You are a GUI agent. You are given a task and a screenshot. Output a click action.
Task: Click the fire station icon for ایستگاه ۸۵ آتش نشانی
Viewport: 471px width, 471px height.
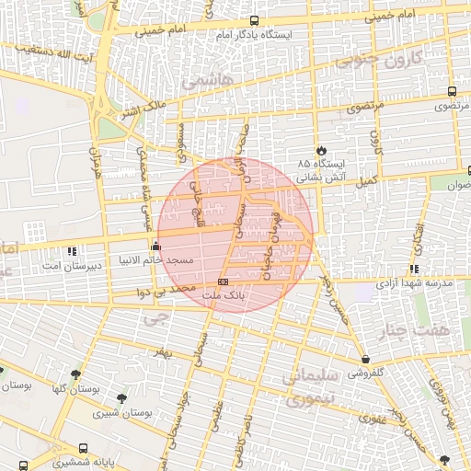[320, 150]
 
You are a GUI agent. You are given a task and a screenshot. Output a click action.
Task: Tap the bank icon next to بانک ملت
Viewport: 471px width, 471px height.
[222, 282]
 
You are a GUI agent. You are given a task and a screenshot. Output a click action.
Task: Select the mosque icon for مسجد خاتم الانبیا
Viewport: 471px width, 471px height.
[155, 246]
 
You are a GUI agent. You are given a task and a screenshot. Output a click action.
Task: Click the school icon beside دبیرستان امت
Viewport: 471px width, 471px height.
[72, 250]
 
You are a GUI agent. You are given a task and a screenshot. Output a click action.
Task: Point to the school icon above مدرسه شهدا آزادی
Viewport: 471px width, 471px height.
[415, 269]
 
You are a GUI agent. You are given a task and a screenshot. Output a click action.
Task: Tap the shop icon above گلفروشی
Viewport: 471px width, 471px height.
[366, 360]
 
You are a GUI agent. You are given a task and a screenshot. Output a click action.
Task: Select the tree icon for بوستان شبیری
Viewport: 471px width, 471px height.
[122, 397]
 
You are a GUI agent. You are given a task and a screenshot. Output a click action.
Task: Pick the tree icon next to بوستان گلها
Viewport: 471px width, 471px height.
[75, 374]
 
